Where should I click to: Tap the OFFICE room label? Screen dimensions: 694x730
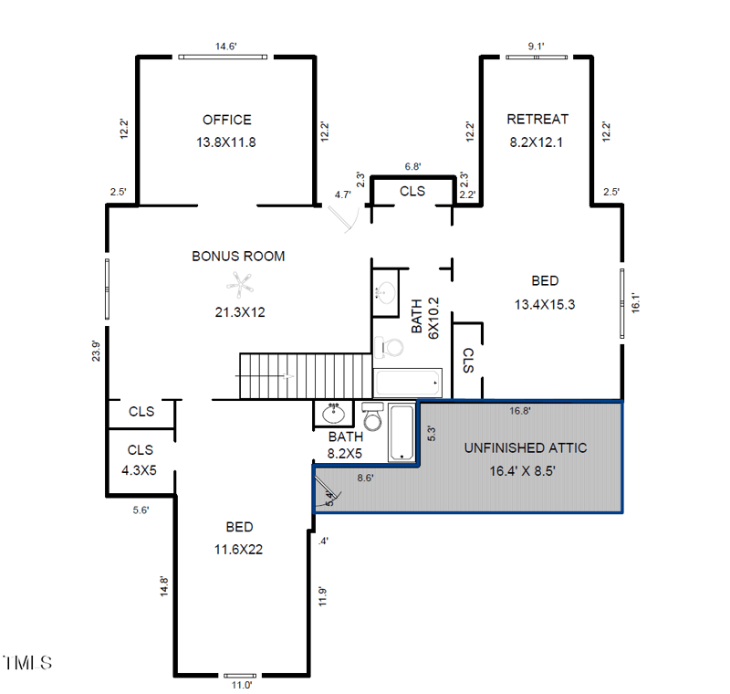[226, 120]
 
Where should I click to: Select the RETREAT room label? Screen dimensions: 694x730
[537, 119]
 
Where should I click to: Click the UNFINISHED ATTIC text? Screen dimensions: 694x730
[525, 448]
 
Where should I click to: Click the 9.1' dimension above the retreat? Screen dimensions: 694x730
[536, 46]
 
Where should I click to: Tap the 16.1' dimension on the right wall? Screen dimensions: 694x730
[636, 302]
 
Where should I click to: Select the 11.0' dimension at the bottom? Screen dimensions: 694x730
[240, 684]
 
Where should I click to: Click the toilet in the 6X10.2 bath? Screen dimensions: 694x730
[390, 348]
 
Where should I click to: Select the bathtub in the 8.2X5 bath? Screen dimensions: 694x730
[401, 433]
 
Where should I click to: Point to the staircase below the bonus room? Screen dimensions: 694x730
[306, 375]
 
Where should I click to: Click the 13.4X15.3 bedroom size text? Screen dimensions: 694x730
[545, 305]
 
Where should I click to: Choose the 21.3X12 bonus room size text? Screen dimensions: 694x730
[238, 312]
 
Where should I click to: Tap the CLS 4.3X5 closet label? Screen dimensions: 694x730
[141, 458]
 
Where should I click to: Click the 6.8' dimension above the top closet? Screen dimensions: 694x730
[412, 166]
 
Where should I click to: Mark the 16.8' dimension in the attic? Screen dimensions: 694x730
[519, 411]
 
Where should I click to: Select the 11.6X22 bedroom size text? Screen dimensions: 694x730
[239, 549]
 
